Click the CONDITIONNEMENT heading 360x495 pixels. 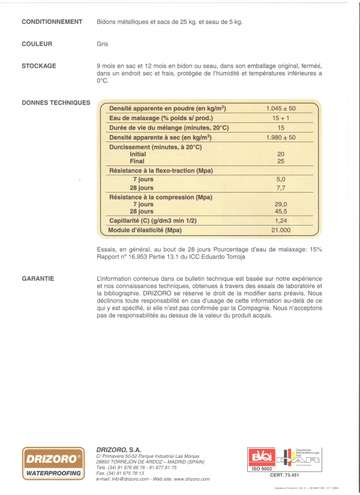[52, 22]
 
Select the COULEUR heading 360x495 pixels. [37, 44]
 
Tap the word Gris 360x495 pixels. [101, 44]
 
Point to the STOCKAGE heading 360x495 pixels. [39, 65]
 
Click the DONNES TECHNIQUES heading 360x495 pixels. [56, 103]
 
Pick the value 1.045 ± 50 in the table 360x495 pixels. [281, 109]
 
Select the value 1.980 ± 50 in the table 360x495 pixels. [281, 137]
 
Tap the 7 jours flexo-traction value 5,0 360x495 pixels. [281, 179]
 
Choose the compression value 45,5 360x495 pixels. [281, 211]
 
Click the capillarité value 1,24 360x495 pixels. [281, 220]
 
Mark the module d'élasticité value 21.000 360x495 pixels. [281, 230]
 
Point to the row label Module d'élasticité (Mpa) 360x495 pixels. [152, 230]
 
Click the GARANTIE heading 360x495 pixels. [38, 278]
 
